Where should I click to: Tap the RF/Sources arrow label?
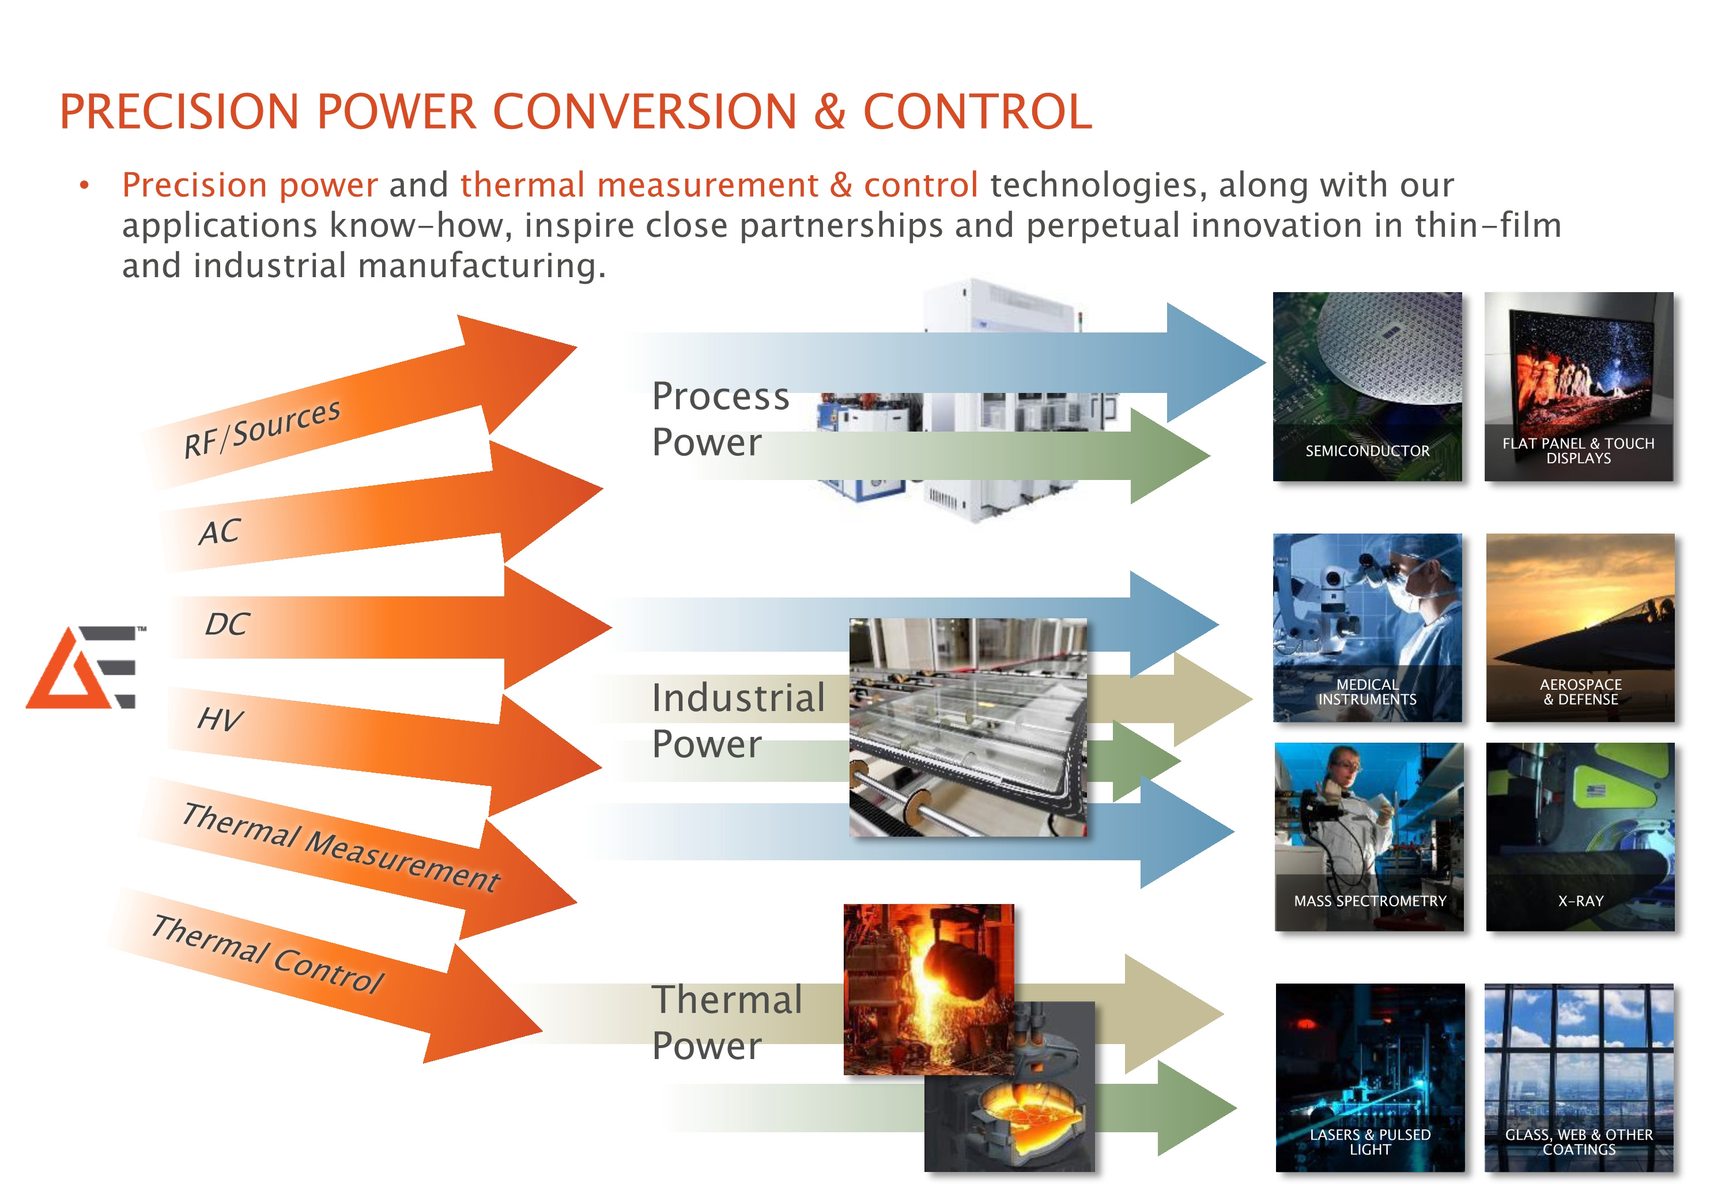coord(262,428)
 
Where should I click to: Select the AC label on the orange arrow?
coord(220,532)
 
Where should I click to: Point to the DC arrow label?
coord(227,624)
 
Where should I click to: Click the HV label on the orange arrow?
coord(220,719)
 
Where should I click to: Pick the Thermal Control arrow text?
coord(267,954)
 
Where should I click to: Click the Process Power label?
coord(720,419)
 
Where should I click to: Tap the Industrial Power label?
coord(738,720)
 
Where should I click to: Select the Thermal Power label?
coord(727,1022)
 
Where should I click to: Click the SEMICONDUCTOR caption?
coord(1367,451)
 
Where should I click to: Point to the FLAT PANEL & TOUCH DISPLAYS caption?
coord(1578,451)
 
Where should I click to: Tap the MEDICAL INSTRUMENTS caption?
coord(1367,692)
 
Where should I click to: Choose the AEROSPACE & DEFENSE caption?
coord(1580,692)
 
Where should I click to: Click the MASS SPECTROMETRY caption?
coord(1370,901)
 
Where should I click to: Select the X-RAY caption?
coord(1580,901)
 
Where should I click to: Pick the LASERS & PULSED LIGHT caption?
coord(1370,1142)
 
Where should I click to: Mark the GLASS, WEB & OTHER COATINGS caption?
coord(1579,1142)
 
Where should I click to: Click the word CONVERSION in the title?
coord(645,112)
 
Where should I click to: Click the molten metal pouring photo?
coord(928,989)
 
